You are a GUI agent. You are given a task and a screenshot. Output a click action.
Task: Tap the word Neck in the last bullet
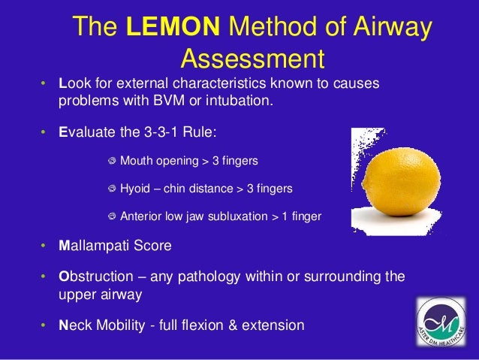(74, 325)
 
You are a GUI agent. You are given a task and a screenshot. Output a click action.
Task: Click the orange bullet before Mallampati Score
(44, 247)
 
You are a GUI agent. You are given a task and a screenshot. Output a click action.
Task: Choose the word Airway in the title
(386, 29)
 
